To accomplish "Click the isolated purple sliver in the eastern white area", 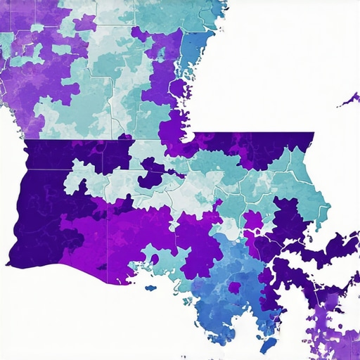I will (349, 100).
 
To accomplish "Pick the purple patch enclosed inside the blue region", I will (234, 288).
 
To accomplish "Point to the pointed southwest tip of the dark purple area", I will (9, 264).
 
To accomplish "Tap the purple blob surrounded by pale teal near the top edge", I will (84, 22).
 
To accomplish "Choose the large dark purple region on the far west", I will (35, 204).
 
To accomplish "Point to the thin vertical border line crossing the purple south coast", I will (108, 246).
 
